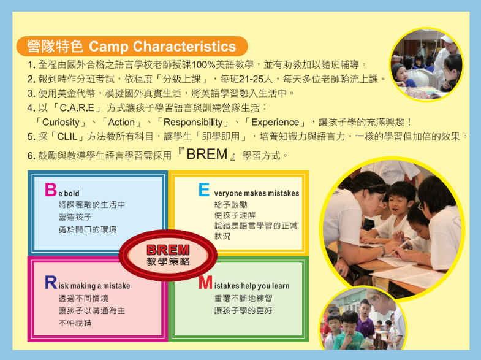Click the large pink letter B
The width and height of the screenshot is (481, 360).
point(51,190)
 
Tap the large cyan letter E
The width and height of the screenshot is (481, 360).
point(204,190)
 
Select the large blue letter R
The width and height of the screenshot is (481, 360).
point(51,282)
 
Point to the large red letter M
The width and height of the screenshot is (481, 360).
point(205,282)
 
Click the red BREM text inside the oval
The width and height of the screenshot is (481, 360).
point(168,250)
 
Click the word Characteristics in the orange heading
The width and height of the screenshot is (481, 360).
point(184,47)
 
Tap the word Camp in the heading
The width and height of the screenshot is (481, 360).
point(108,47)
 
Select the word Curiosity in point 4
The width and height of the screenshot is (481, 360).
point(61,122)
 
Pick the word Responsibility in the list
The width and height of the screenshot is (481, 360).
point(193,122)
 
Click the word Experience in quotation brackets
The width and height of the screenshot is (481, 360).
point(275,122)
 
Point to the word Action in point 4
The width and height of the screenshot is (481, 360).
point(121,122)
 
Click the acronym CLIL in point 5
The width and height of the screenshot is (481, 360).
point(67,137)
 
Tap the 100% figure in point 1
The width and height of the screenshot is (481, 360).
point(203,65)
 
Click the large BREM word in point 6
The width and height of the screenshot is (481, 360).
point(207,154)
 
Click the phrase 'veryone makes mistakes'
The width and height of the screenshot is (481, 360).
point(257,193)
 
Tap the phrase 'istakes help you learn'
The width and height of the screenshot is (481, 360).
point(252,286)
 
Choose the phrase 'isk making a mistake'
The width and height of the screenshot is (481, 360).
point(94,286)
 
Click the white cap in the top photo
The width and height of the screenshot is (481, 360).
point(447,39)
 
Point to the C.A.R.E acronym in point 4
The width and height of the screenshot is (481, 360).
point(77,108)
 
